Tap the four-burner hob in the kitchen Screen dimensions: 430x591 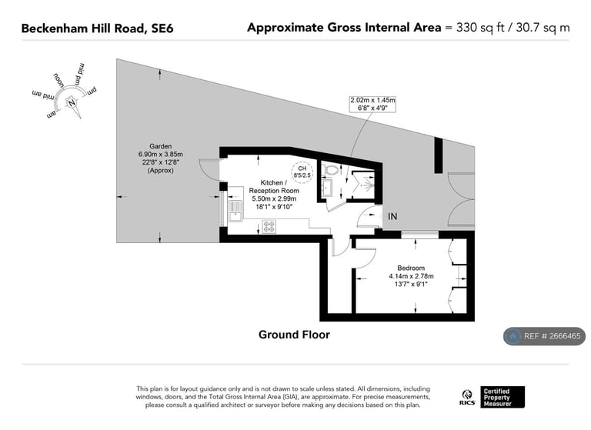270,226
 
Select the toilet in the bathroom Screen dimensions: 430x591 332,171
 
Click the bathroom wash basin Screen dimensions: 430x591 327,188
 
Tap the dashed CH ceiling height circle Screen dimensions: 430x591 302,172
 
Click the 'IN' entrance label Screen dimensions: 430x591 392,217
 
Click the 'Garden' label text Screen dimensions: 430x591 160,146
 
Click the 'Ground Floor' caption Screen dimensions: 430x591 294,335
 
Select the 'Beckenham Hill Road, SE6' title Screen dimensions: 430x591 97,28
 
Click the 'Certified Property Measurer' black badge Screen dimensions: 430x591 503,397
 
